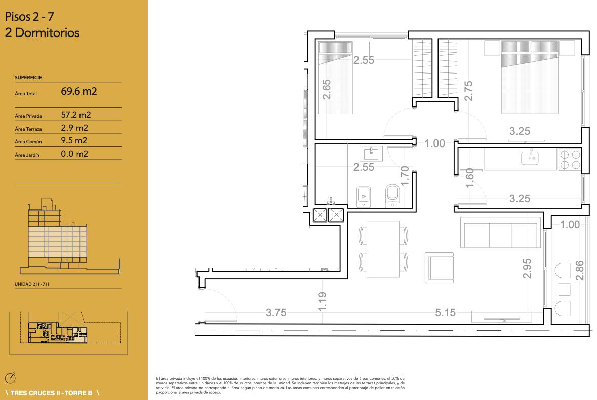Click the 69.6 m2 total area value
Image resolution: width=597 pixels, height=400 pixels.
click(79, 91)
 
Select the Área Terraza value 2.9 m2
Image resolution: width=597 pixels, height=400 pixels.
click(74, 128)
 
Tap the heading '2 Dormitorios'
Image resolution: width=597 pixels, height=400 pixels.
click(42, 33)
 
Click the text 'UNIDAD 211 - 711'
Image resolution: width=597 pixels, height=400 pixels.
click(32, 284)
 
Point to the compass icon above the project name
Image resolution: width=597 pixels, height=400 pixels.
click(10, 378)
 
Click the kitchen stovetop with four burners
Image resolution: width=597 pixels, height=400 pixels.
click(570, 159)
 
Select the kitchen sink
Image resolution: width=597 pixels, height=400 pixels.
click(530, 157)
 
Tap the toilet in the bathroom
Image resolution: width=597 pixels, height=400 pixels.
click(392, 196)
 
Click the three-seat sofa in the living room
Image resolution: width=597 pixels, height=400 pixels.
click(500, 233)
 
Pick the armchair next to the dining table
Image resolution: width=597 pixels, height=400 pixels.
click(440, 268)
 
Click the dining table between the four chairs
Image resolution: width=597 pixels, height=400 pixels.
click(383, 248)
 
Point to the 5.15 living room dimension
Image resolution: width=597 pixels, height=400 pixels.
click(446, 313)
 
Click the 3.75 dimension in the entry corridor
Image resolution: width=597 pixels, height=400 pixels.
click(276, 313)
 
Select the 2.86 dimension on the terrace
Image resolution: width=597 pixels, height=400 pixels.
click(579, 270)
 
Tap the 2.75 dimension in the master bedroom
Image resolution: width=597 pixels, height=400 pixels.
click(468, 91)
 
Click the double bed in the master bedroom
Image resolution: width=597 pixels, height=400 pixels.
click(530, 77)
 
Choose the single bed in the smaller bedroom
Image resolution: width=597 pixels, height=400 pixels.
click(335, 78)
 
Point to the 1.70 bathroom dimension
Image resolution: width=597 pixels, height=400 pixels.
click(405, 176)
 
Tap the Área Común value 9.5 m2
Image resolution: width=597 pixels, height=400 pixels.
click(74, 140)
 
